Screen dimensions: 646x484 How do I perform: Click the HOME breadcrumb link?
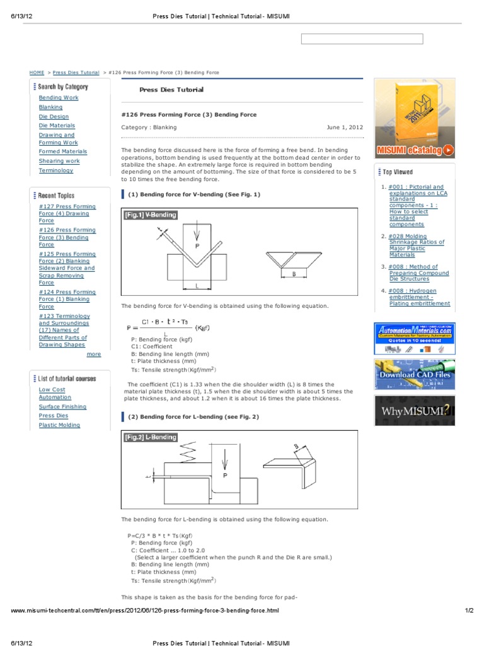click(x=37, y=73)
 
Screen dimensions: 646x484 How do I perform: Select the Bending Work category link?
click(x=59, y=98)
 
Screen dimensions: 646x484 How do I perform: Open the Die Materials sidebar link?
click(x=57, y=126)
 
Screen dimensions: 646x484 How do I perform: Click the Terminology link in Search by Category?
click(x=55, y=170)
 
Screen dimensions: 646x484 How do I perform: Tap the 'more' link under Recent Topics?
click(x=93, y=354)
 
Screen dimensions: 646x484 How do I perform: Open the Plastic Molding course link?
click(x=59, y=425)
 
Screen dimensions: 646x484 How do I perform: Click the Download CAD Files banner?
click(x=414, y=374)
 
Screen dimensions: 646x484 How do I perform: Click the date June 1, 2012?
click(x=344, y=127)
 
